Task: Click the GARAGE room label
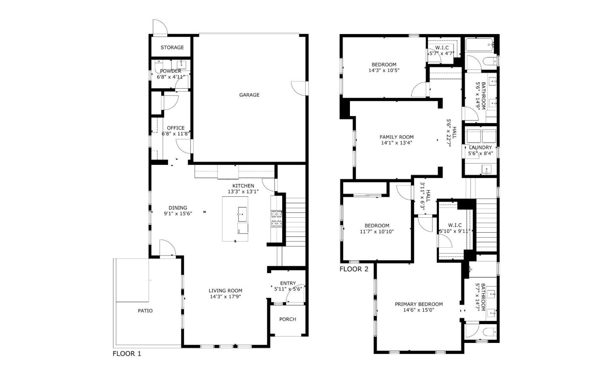tap(249, 95)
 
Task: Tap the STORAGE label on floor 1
tap(172, 47)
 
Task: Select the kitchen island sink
tap(242, 214)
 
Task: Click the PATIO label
tap(145, 311)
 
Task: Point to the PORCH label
tap(288, 319)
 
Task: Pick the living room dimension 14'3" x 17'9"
tap(226, 297)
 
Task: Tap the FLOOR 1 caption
tap(126, 354)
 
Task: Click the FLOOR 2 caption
tap(354, 269)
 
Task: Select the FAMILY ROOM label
tap(396, 137)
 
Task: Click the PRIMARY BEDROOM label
tap(418, 304)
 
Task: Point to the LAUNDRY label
tap(480, 147)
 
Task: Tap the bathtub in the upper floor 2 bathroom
tap(479, 44)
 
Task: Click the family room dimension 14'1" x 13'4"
tap(396, 143)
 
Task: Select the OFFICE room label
tap(176, 128)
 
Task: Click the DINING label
tap(178, 208)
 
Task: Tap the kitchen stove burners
tap(277, 219)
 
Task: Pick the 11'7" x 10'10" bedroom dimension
tap(377, 232)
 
